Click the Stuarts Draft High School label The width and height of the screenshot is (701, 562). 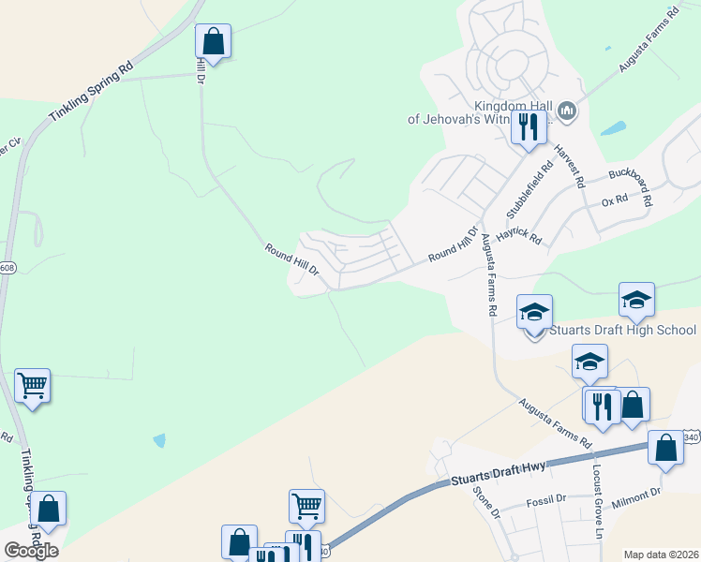622,330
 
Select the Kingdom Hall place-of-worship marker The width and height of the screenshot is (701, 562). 566,112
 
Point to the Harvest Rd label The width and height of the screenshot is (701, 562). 569,165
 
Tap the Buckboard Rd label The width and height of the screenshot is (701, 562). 635,183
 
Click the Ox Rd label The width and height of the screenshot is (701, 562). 614,200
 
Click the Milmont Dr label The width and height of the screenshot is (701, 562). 637,496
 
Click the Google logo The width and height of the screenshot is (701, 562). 31,550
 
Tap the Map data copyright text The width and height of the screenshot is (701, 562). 661,555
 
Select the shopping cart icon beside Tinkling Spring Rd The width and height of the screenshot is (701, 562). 32,385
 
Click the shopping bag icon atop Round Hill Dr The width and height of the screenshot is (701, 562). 214,41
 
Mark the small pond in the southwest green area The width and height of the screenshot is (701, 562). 159,439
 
